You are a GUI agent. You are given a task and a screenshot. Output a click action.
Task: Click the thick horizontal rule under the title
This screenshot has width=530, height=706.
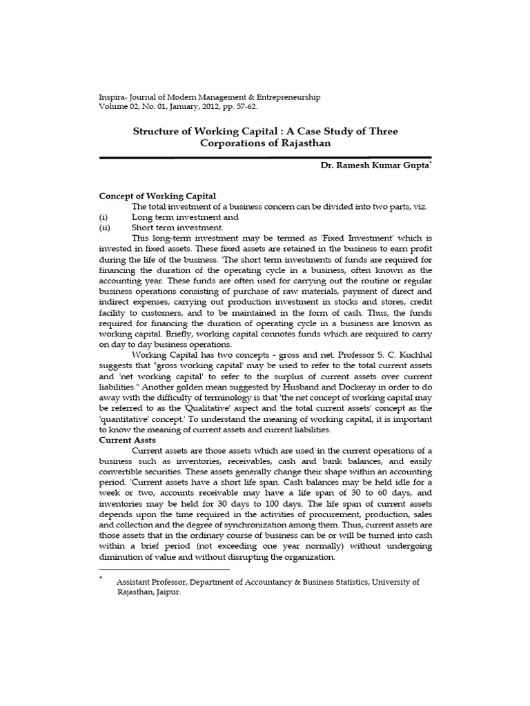coord(266,158)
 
